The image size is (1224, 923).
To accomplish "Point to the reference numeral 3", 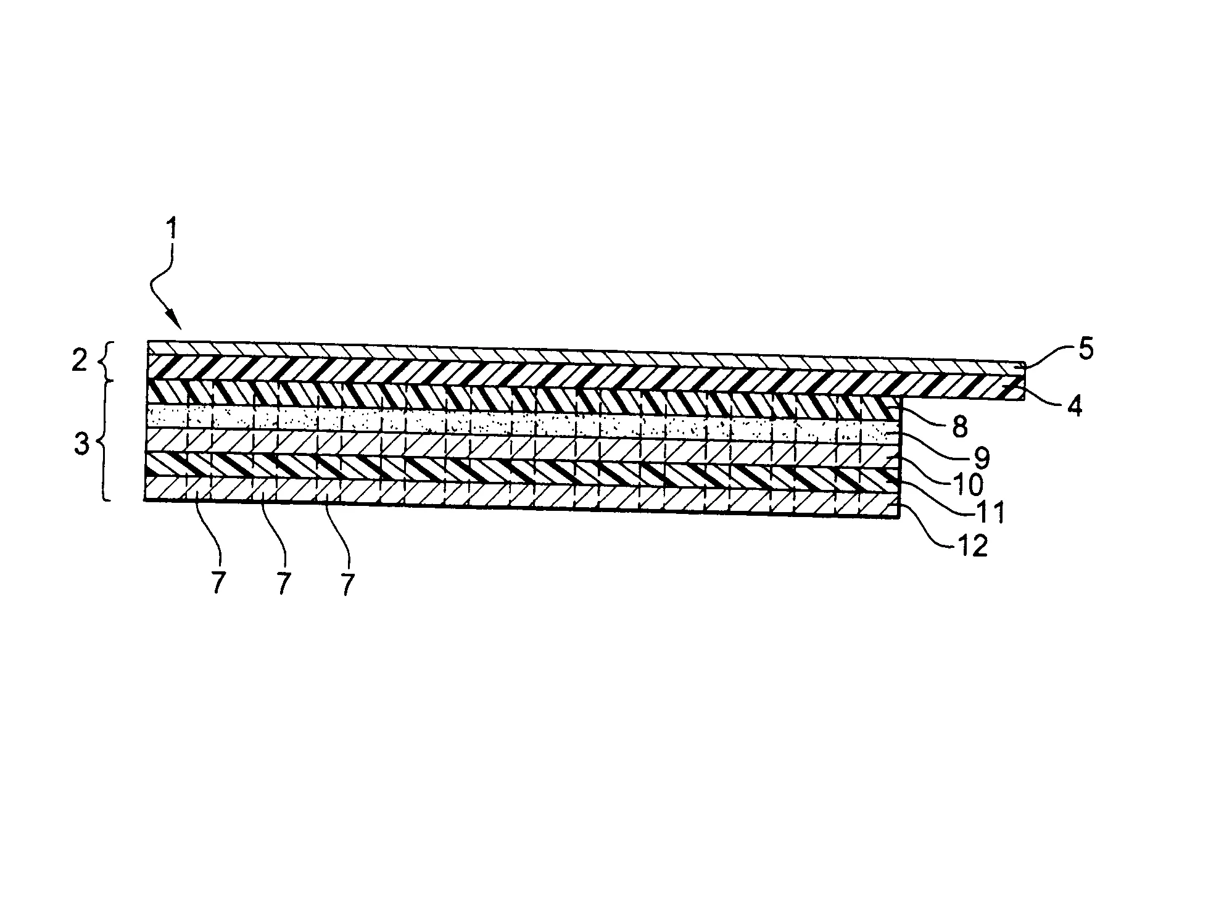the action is [x=81, y=445].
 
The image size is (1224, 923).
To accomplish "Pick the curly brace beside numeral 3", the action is [x=106, y=442].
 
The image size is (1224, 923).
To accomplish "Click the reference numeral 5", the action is [x=1085, y=350].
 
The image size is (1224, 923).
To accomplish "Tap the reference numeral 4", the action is [x=1074, y=407].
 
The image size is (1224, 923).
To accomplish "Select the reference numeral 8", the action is [x=959, y=427].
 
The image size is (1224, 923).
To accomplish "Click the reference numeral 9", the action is [x=982, y=457].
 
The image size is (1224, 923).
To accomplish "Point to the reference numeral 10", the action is [x=967, y=485].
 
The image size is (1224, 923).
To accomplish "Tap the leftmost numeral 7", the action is [x=217, y=584].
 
